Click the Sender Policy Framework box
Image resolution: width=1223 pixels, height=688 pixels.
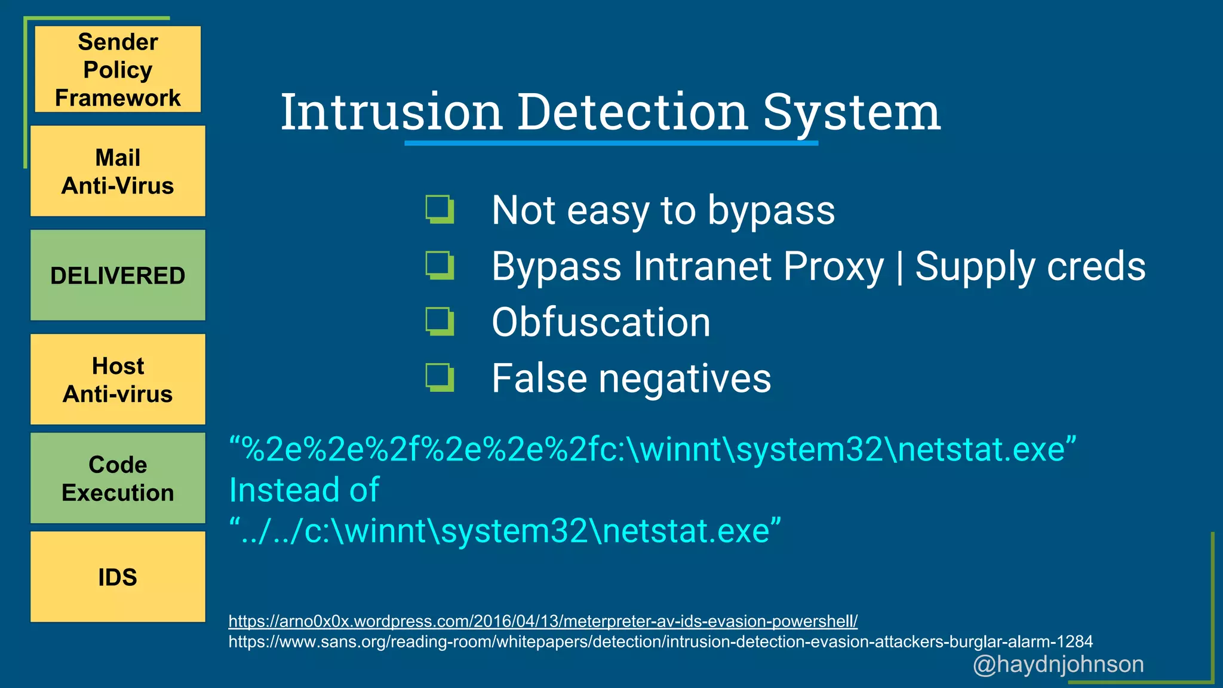[x=118, y=69]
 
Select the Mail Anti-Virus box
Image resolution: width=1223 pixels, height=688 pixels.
[x=118, y=171]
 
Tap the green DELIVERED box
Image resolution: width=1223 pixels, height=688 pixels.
[x=118, y=275]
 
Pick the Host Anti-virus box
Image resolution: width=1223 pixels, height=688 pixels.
[x=118, y=379]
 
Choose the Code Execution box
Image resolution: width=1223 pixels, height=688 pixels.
[x=118, y=478]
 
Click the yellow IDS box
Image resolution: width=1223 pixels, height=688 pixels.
[x=118, y=577]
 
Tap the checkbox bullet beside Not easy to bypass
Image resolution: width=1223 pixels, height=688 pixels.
[x=440, y=209]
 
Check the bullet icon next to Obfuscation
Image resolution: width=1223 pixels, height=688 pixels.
[x=440, y=321]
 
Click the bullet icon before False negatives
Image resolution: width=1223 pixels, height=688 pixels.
[x=440, y=377]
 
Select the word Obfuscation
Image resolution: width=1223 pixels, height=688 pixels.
[x=601, y=322]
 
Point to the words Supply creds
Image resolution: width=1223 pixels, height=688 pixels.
[x=1030, y=266]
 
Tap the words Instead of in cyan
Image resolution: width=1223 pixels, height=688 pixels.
[x=304, y=490]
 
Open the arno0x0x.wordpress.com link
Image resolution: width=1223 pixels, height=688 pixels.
[x=542, y=621]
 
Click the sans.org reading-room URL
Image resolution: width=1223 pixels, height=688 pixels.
[x=660, y=642]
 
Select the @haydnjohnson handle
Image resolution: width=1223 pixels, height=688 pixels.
[x=1058, y=664]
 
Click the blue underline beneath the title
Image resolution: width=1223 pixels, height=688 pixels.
[x=611, y=143]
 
